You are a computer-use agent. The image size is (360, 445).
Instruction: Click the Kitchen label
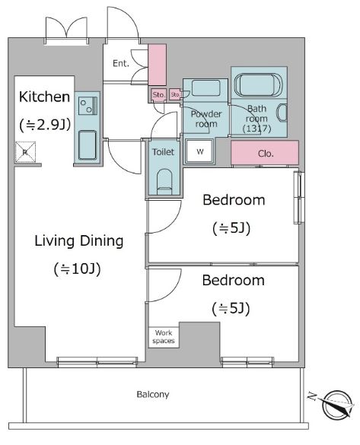[45, 97]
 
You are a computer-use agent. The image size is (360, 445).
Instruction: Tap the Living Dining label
[79, 241]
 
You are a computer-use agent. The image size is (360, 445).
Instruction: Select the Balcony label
[153, 394]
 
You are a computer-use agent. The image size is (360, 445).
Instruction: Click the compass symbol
[338, 405]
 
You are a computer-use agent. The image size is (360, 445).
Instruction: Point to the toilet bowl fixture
[164, 182]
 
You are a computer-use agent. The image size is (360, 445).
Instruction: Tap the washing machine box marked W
[199, 151]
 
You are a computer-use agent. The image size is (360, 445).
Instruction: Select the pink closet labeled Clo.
[265, 153]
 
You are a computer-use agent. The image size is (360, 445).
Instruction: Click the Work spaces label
[164, 337]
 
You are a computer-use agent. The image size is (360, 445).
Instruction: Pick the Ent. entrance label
[121, 63]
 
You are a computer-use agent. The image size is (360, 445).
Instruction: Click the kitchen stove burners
[88, 106]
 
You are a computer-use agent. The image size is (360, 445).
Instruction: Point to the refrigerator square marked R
[25, 152]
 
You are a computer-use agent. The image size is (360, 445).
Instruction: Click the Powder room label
[205, 119]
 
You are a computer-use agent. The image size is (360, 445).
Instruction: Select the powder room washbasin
[205, 88]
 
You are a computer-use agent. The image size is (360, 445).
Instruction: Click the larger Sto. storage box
[158, 94]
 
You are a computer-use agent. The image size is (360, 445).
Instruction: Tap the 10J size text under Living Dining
[77, 269]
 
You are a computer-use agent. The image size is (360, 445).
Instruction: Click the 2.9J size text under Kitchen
[45, 125]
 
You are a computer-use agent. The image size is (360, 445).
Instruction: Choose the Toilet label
[163, 152]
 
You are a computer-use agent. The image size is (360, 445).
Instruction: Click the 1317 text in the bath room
[257, 129]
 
